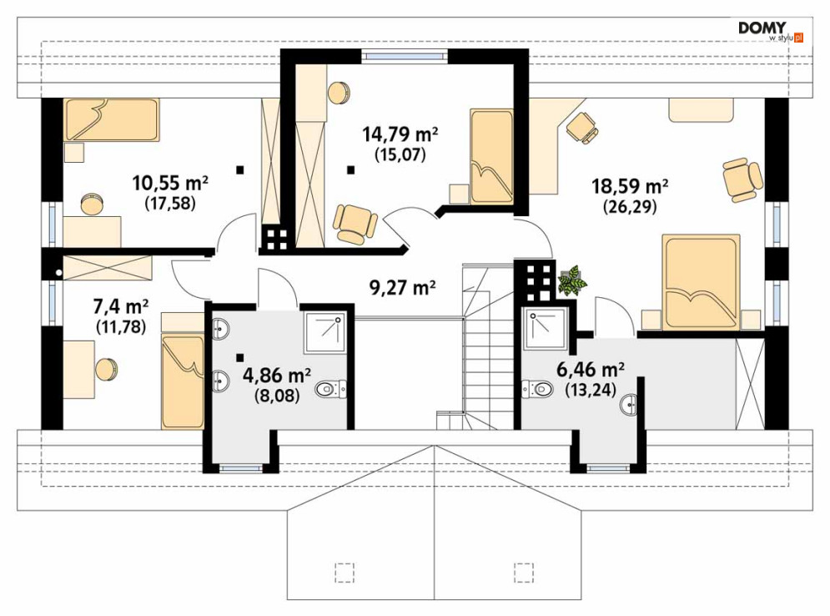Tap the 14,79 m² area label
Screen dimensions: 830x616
pyautogui.click(x=400, y=134)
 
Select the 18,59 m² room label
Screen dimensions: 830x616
pyautogui.click(x=629, y=186)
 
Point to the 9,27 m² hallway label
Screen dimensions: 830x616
pyautogui.click(x=402, y=288)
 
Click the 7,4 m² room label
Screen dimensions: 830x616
pyautogui.click(x=121, y=306)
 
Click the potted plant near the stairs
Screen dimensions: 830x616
pyautogui.click(x=572, y=280)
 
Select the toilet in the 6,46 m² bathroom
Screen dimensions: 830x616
pyautogui.click(x=536, y=389)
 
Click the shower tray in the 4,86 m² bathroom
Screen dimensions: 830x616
pyautogui.click(x=325, y=333)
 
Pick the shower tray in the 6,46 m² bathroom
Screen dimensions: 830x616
pyautogui.click(x=546, y=328)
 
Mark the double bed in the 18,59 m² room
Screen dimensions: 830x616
pyautogui.click(x=701, y=282)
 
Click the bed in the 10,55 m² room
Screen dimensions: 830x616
pyautogui.click(x=111, y=119)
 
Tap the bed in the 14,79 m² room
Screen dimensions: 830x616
pyautogui.click(x=492, y=157)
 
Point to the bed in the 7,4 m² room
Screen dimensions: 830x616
pyautogui.click(x=184, y=381)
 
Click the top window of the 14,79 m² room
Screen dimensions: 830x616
pyautogui.click(x=405, y=54)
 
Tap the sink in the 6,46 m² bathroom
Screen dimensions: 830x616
pyautogui.click(x=629, y=405)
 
